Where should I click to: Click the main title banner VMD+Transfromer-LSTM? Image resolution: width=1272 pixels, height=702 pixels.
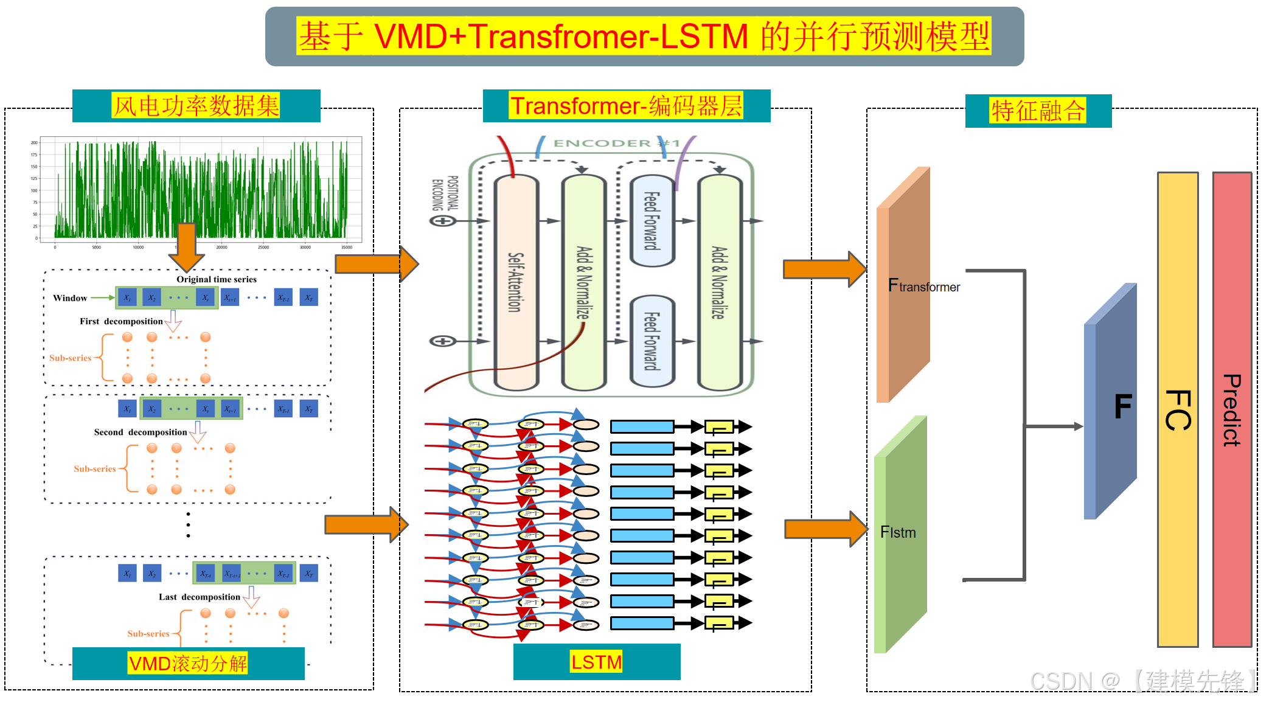(x=644, y=36)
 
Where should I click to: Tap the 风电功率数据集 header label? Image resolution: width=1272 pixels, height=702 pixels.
(x=196, y=106)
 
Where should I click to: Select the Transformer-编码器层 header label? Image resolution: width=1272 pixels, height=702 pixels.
(x=626, y=106)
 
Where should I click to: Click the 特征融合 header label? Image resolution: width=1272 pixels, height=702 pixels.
(x=1038, y=111)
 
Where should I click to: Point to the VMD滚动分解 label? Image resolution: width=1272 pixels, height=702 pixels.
(x=188, y=663)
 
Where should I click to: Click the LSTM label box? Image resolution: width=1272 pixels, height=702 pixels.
(x=596, y=662)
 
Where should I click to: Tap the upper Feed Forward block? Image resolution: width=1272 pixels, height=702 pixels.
(x=652, y=221)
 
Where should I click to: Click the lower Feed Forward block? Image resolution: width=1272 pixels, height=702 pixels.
(x=652, y=341)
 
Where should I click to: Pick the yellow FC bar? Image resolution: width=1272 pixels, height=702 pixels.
(x=1178, y=409)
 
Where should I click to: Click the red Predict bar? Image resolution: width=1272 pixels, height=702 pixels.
(x=1232, y=409)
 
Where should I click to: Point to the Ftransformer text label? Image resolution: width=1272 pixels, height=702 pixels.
(x=923, y=286)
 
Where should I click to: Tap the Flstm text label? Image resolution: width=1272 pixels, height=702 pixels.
(x=898, y=532)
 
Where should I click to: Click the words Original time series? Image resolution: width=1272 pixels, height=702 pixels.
(x=217, y=279)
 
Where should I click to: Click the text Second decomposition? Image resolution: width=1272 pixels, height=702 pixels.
(x=141, y=432)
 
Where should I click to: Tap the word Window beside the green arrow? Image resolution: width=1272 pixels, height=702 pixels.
(x=70, y=298)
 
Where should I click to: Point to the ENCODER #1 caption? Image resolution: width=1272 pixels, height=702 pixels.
(x=616, y=143)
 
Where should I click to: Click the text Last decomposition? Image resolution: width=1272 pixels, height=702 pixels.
(x=200, y=597)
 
